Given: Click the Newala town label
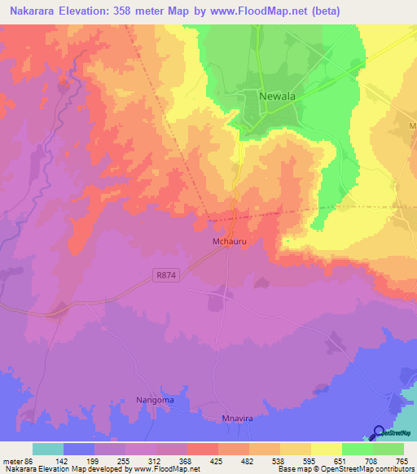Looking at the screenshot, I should tap(276, 96).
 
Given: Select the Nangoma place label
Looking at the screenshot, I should tap(155, 401).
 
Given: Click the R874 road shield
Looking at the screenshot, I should tap(164, 277).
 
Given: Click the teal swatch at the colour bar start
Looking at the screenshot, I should tap(48, 449).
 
